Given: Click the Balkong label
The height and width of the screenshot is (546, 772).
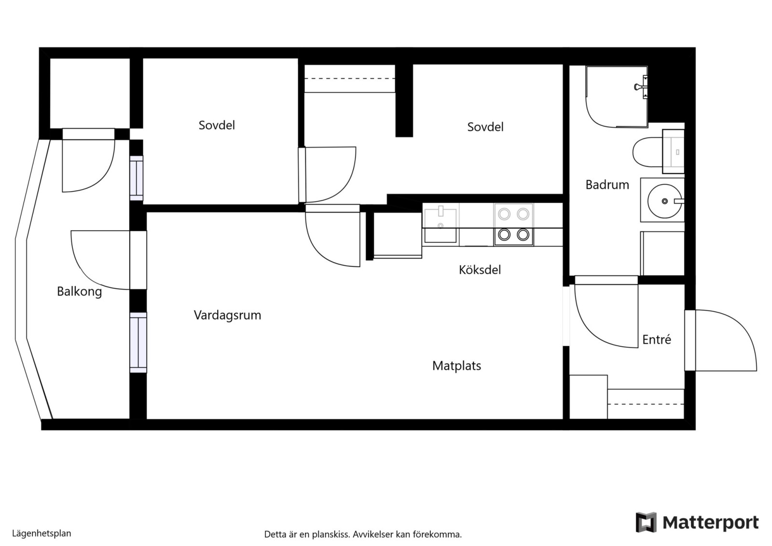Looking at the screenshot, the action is tap(79, 292).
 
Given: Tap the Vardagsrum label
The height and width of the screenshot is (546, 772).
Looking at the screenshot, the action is tap(227, 315).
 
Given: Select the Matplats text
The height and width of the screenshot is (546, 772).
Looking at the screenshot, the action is tap(456, 365).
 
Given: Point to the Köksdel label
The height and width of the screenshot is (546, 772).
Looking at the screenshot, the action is tap(480, 270).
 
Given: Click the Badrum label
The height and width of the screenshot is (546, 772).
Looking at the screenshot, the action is tap(607, 185).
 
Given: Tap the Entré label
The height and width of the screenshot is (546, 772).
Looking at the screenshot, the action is tap(657, 340).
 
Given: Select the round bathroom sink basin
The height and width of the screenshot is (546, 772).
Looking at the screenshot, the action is tap(664, 201).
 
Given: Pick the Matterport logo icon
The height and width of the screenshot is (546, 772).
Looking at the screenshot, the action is tap(646, 522).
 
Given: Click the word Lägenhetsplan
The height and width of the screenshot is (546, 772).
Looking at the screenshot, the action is tap(41, 533).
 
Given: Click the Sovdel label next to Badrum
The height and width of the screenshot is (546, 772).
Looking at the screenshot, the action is tap(485, 127).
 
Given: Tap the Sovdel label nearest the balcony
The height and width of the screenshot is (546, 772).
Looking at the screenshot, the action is tap(217, 125).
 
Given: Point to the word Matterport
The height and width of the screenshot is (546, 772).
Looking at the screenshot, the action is tap(711, 523).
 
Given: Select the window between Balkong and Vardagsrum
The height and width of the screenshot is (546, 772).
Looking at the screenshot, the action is tap(138, 342).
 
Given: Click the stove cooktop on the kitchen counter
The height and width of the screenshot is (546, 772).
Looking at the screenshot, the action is tap(513, 224).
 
